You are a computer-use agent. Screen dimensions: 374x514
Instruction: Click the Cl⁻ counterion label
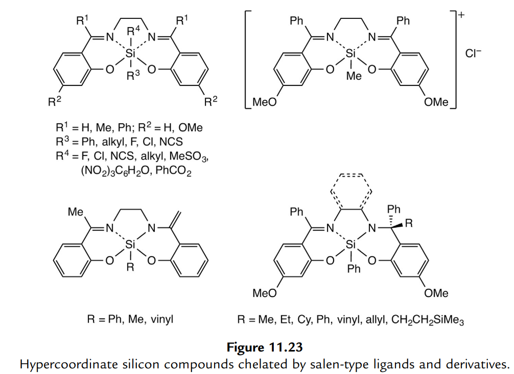coord(473,53)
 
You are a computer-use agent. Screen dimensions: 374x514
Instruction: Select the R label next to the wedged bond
coord(409,223)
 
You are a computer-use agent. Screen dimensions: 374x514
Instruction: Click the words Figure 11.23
coord(265,348)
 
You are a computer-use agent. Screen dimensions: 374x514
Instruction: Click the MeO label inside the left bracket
coord(265,102)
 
